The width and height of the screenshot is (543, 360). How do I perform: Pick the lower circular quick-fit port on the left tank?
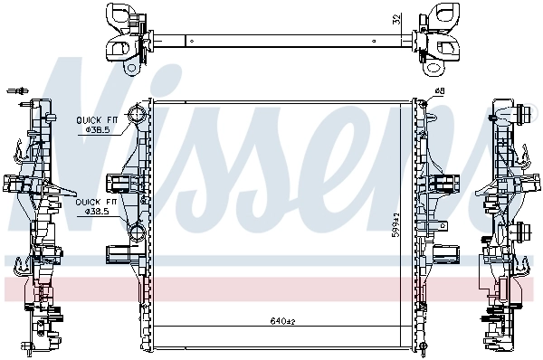136,240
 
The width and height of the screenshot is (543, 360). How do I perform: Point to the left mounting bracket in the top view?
127,39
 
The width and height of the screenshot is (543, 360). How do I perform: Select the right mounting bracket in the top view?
433,39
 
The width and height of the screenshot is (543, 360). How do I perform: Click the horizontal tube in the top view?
281,40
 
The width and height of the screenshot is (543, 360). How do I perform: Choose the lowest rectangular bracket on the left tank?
120,251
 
